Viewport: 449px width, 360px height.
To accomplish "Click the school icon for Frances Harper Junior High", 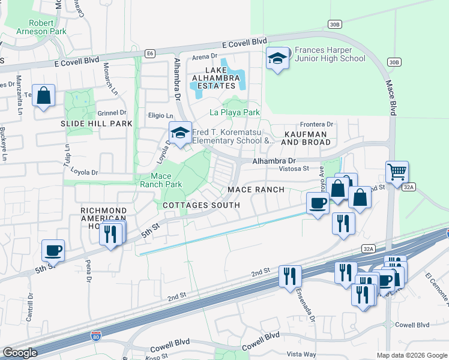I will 277,59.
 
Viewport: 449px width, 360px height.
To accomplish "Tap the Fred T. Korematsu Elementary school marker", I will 179,133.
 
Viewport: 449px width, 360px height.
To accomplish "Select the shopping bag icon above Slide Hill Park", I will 43,96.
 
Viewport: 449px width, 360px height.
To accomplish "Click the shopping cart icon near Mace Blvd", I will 397,172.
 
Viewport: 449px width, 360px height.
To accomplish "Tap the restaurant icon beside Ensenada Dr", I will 291,277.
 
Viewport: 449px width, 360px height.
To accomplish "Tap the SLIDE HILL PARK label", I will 96,123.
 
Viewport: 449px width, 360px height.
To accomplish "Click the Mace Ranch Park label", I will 160,180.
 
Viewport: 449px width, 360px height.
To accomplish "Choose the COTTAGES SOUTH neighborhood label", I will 201,205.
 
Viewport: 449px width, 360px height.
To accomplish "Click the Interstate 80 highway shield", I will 95,337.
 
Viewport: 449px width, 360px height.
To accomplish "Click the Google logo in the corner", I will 20,353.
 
